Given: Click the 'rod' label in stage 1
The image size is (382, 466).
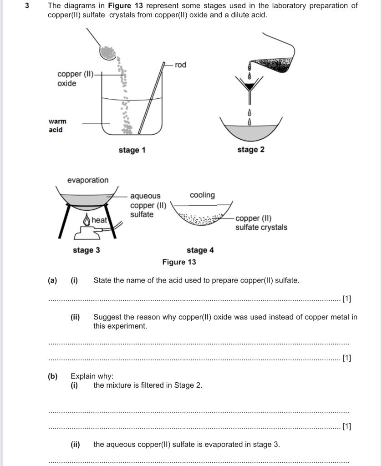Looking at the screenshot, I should click(x=180, y=65).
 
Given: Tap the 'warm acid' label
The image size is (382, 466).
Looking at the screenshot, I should click(x=57, y=126).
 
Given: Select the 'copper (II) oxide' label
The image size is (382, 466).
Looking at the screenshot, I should click(x=75, y=78).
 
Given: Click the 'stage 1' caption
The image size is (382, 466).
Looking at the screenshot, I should click(x=132, y=150).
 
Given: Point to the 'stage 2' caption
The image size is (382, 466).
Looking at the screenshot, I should click(x=250, y=150).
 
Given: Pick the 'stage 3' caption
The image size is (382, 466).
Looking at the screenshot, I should click(x=86, y=250).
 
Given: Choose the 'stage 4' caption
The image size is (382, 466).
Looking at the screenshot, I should click(x=200, y=250).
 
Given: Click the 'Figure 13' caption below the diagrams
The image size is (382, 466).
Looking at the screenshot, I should click(x=179, y=262).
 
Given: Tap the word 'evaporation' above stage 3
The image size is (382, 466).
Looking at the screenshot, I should click(x=88, y=180).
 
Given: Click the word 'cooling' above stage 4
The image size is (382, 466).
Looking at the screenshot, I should click(x=202, y=195).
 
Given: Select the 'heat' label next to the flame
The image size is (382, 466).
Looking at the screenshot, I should click(x=99, y=220).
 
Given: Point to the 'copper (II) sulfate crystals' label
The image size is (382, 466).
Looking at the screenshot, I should click(x=261, y=223).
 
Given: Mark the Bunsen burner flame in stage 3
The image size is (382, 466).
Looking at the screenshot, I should click(x=87, y=220).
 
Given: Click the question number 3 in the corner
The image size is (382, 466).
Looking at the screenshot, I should click(x=27, y=6).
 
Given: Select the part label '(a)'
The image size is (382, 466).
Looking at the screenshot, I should click(x=52, y=280).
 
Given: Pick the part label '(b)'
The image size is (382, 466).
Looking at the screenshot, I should click(x=53, y=376).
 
